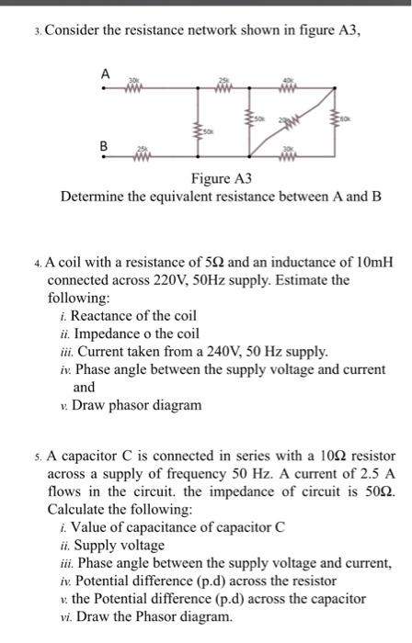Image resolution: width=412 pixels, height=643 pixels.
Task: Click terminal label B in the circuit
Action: click(x=104, y=144)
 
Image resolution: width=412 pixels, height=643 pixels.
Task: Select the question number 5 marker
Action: click(x=36, y=457)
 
